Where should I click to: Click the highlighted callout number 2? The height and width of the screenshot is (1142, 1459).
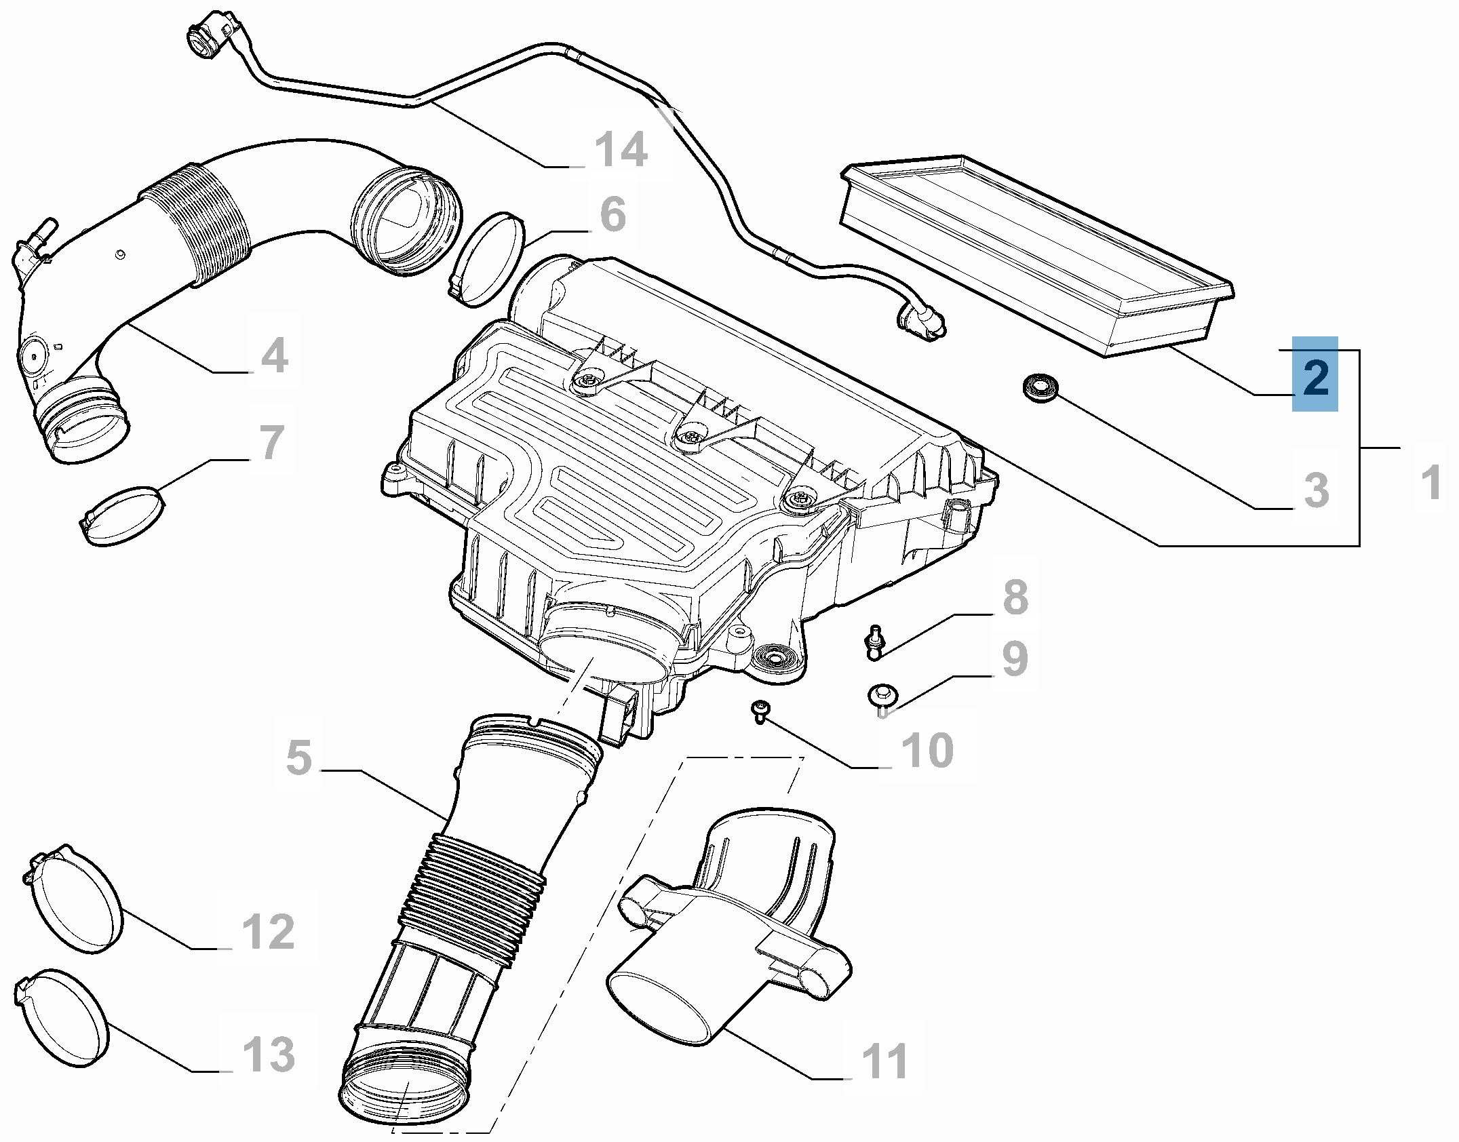click(x=1315, y=375)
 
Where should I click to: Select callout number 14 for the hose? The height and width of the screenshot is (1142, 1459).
click(x=621, y=150)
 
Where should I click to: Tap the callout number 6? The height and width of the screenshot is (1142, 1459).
click(x=612, y=214)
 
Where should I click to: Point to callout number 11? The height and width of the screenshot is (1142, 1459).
click(x=884, y=1061)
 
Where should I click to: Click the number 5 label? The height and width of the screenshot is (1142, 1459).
click(x=299, y=757)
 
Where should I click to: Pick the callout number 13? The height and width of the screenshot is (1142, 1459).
click(x=269, y=1055)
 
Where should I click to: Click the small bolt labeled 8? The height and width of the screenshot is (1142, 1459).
click(x=874, y=641)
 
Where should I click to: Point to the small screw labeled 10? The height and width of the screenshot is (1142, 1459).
click(x=760, y=710)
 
